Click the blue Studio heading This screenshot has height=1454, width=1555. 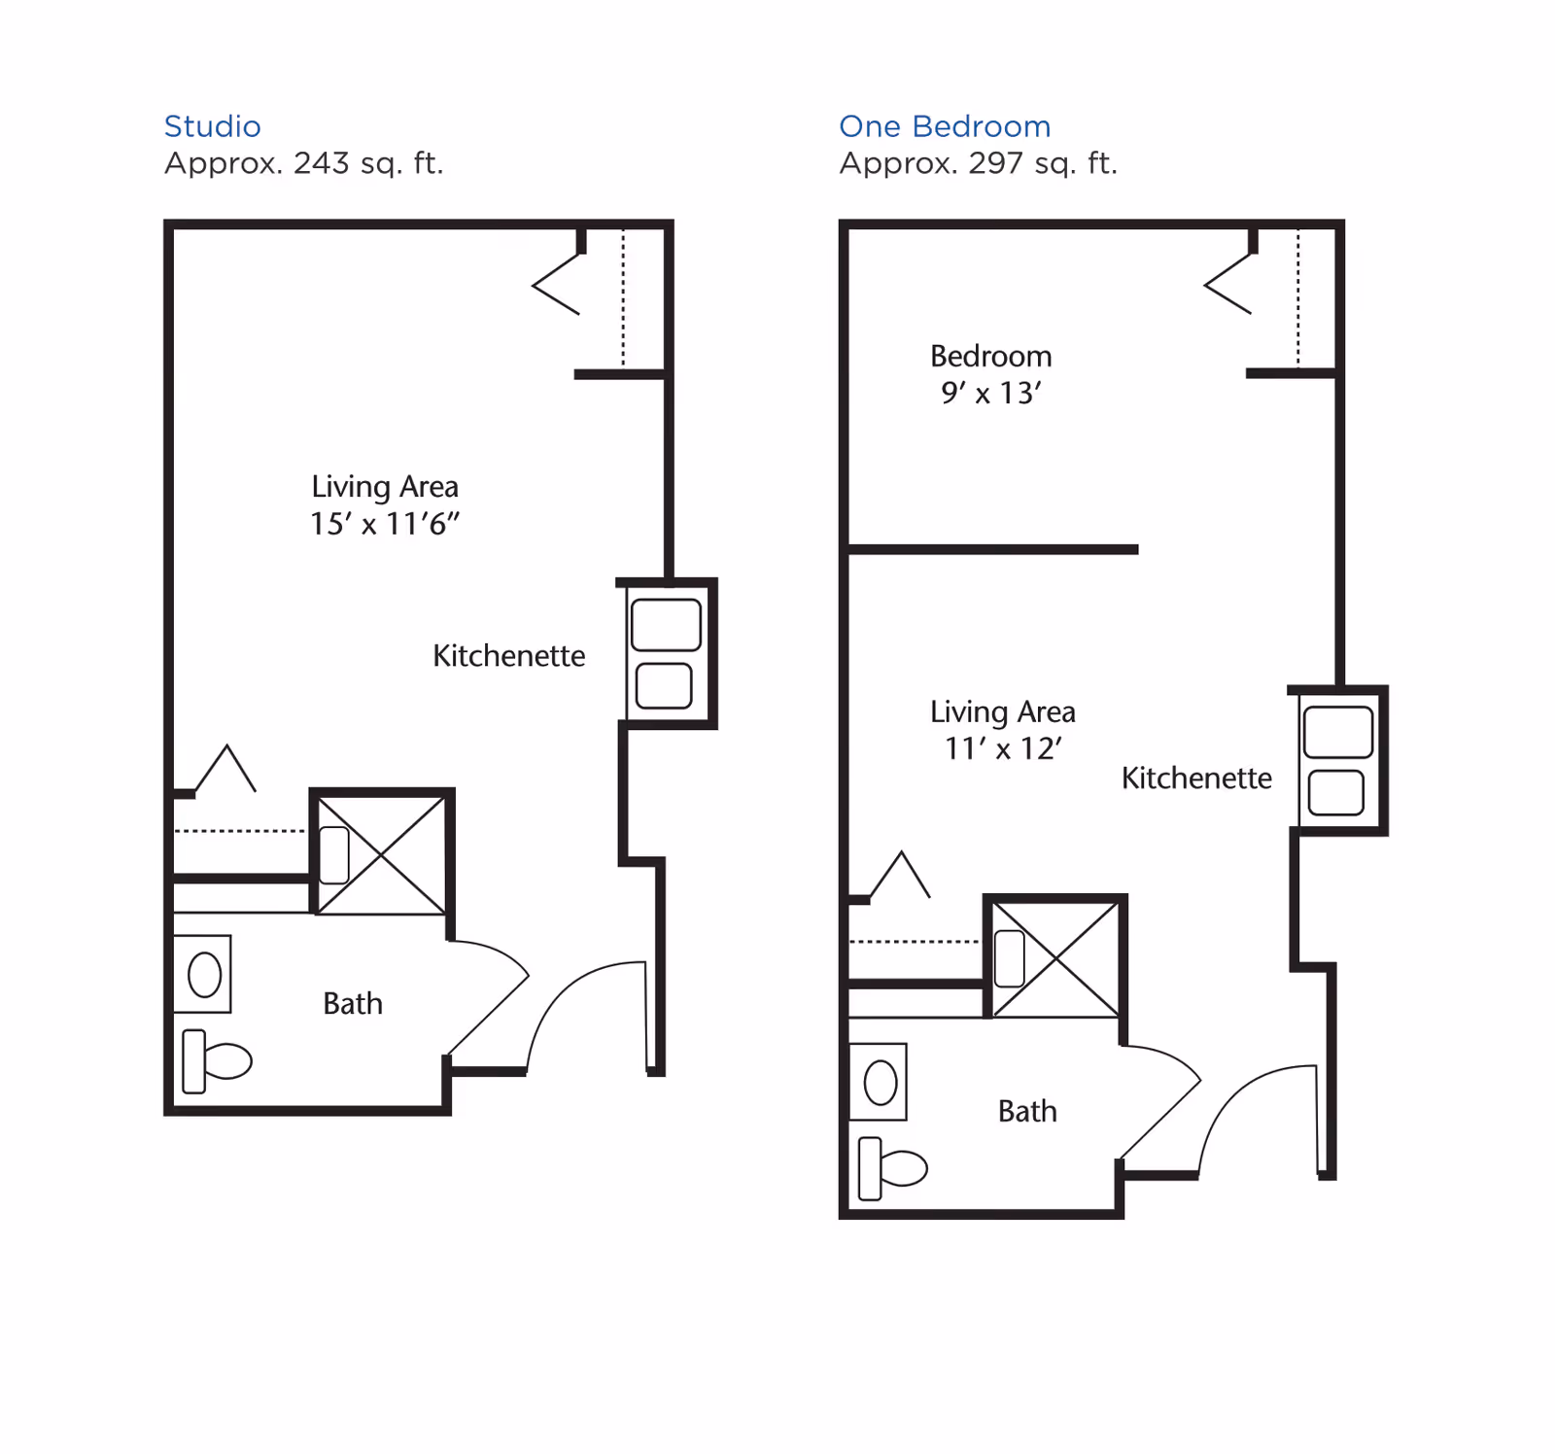[212, 126]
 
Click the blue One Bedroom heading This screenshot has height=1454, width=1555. [944, 126]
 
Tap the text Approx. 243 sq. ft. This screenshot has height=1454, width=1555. [303, 163]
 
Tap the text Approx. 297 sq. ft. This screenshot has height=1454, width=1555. [978, 163]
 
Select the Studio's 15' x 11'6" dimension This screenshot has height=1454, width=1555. [384, 525]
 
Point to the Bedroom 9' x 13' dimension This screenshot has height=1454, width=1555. [990, 394]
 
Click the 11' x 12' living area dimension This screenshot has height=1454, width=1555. [1002, 749]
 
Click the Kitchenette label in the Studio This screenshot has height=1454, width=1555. [508, 656]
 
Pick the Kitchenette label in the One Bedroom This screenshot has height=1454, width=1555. [1195, 779]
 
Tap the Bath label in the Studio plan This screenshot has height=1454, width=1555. [352, 1004]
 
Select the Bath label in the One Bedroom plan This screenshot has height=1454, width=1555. [1026, 1112]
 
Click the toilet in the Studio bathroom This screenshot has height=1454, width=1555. [218, 1061]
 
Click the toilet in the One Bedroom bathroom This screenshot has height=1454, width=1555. [893, 1168]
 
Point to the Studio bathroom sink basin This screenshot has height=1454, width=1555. [204, 975]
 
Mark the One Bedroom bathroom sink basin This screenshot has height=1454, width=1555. [880, 1083]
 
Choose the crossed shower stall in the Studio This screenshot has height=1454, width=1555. [382, 855]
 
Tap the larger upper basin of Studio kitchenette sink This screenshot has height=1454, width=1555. [666, 625]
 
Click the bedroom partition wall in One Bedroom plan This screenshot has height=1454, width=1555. [991, 550]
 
